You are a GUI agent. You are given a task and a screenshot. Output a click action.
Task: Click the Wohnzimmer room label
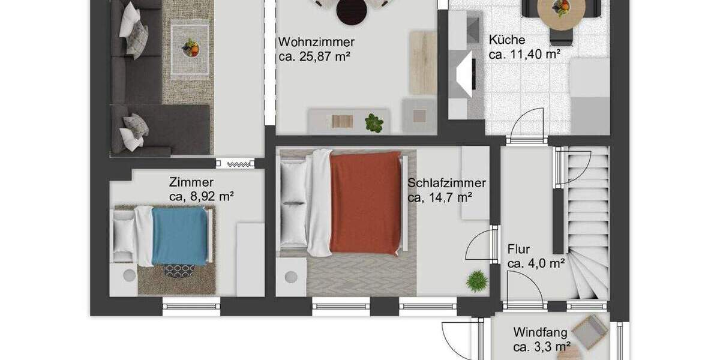[x=316, y=42]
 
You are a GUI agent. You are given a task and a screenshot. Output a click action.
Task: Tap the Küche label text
[x=506, y=40]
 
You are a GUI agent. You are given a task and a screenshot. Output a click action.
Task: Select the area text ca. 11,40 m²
[x=524, y=54]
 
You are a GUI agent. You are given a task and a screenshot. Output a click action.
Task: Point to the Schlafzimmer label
[x=446, y=184]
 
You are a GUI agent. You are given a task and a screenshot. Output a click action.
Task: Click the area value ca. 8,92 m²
[x=202, y=196]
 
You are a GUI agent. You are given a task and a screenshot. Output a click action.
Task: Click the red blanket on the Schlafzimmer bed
[x=365, y=202]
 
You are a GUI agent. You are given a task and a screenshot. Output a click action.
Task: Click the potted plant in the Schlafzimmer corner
[x=476, y=281]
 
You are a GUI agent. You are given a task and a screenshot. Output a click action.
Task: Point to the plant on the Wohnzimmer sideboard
[x=374, y=123]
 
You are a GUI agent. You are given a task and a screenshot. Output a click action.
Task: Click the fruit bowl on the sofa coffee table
[x=190, y=47]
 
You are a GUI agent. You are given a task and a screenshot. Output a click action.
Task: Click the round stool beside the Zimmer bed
[x=129, y=276]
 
